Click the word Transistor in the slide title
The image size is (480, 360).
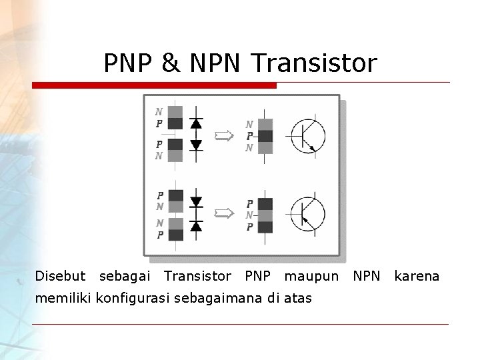point(315,63)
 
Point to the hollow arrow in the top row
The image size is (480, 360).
point(223,136)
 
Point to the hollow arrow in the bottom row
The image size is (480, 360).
point(223,213)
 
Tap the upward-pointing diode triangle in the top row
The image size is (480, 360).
point(196,123)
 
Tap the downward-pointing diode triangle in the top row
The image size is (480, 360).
point(196,145)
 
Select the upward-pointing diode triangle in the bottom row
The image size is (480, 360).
point(196,226)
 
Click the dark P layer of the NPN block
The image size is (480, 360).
point(265,136)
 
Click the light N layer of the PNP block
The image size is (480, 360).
point(265,215)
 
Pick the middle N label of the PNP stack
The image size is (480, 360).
point(249,215)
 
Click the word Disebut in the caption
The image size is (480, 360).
point(60,276)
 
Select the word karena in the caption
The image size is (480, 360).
point(417,276)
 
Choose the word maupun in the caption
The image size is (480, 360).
point(311,276)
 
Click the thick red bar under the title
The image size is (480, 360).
point(154,85)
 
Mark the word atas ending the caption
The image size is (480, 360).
point(298,298)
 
